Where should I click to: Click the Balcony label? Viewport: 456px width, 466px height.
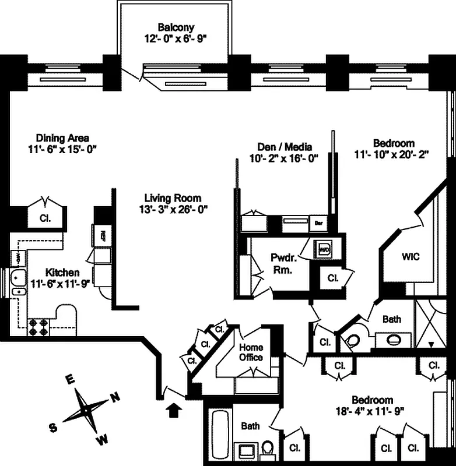(176, 27)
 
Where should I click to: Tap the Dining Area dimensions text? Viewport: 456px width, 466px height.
(62, 149)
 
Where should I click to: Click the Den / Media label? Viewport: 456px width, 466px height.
(285, 146)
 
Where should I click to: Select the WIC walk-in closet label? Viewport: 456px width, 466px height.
(411, 256)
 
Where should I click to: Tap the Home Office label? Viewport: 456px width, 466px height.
(251, 352)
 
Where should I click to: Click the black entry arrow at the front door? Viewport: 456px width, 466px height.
(173, 411)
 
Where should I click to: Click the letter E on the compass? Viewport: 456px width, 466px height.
(70, 379)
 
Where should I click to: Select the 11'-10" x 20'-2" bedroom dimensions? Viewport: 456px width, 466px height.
(394, 154)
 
